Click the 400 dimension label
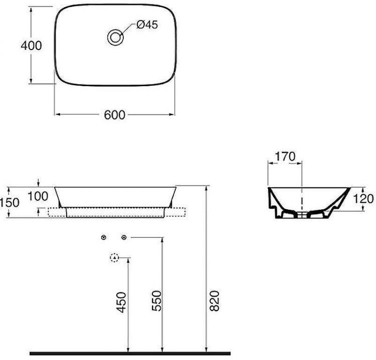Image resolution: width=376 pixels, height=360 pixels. point(31,46)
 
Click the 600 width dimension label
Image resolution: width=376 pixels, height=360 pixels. point(115,115)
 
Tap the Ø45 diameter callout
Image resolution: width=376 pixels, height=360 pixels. point(147,25)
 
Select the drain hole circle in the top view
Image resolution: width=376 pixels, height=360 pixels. point(115,38)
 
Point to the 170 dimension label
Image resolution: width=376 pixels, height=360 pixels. point(285,157)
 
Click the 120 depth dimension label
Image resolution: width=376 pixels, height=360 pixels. point(363,199)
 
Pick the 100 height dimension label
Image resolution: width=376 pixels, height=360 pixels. point(38,196)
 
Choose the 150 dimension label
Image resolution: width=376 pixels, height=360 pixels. point(10,203)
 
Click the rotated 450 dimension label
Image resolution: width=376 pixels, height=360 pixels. point(121,302)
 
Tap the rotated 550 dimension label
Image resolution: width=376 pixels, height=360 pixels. point(157,301)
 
